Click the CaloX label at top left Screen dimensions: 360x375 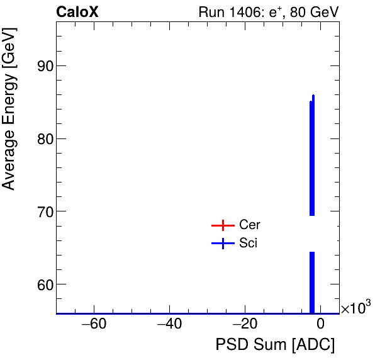(x=77, y=12)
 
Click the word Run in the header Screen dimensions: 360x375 (x=210, y=12)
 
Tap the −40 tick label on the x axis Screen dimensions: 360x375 (x=169, y=325)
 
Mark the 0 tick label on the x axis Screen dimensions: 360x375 (x=320, y=325)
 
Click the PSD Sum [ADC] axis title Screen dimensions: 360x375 (x=275, y=346)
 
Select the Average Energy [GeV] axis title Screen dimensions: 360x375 (x=9, y=120)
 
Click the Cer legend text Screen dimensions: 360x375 (x=249, y=225)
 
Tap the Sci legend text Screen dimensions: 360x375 (x=248, y=244)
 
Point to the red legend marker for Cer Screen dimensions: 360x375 (x=223, y=225)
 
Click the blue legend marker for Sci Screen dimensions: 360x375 (x=223, y=244)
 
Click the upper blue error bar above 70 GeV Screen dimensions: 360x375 (x=312, y=157)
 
